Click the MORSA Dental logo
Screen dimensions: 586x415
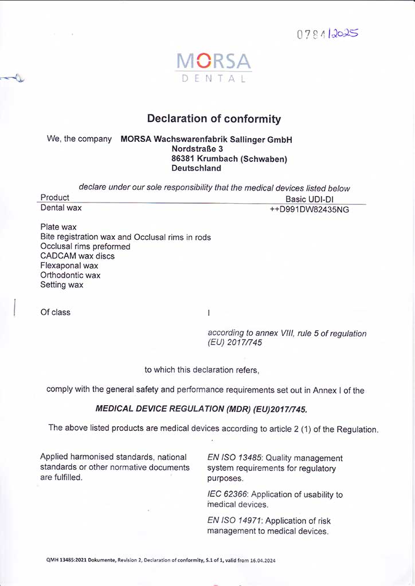click(213, 68)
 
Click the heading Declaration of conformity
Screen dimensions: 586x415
click(214, 119)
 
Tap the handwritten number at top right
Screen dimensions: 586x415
click(327, 34)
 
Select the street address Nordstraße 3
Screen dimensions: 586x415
click(197, 149)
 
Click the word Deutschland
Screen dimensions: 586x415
click(196, 168)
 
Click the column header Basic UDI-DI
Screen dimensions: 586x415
click(309, 199)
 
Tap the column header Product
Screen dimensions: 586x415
click(55, 198)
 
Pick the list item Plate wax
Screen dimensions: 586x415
click(58, 227)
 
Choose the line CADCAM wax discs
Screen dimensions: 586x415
click(77, 256)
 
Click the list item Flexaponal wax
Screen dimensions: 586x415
click(69, 266)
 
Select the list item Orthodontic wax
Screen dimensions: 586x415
click(70, 275)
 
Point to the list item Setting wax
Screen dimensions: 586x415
click(62, 285)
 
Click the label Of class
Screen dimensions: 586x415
click(55, 312)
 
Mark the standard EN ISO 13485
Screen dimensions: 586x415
click(235, 458)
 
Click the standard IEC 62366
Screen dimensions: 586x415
click(228, 494)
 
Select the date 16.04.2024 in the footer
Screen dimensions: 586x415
click(261, 560)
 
